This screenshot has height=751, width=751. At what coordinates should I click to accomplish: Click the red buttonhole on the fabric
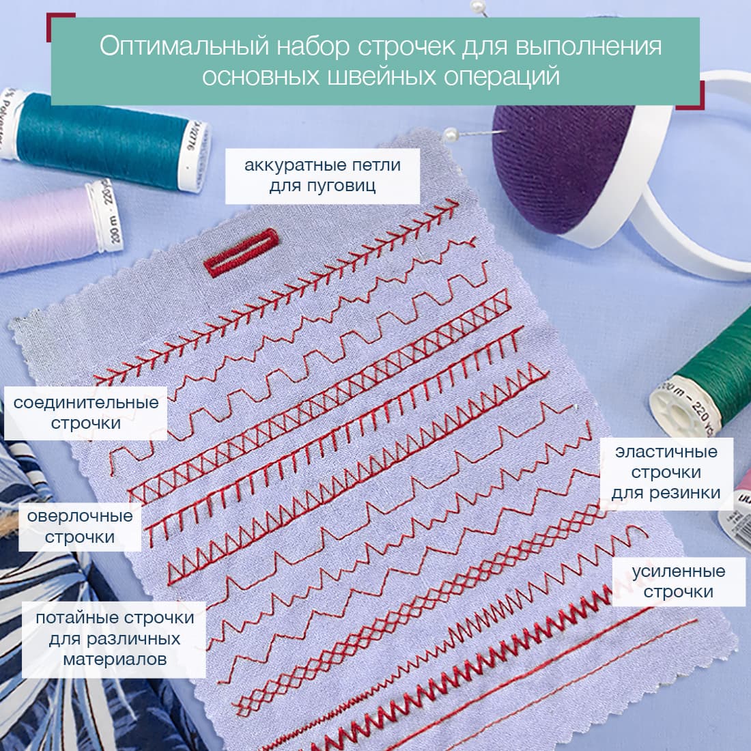(x=242, y=253)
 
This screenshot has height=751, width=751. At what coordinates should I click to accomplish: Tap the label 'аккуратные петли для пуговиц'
(x=322, y=175)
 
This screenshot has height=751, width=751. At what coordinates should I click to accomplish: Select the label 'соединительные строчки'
(x=86, y=413)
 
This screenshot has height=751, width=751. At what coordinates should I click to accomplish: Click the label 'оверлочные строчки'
(x=80, y=526)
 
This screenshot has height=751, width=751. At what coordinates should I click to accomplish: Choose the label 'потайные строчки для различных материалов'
(x=115, y=639)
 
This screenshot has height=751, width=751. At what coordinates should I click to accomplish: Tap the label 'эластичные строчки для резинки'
(x=666, y=472)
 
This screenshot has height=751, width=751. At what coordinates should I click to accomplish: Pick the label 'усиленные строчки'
(x=678, y=582)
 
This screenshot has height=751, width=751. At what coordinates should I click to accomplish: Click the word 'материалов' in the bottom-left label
(x=115, y=660)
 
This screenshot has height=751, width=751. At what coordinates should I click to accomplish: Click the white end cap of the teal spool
(x=195, y=156)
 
